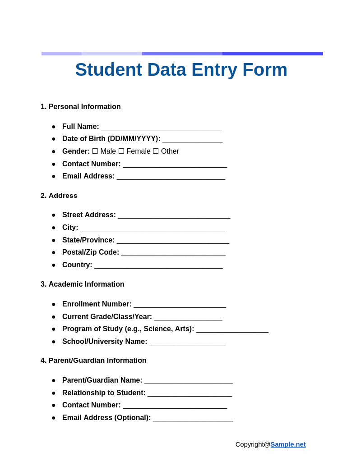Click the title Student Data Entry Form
181,70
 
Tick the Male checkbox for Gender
95,151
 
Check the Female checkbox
121,151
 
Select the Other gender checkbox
156,151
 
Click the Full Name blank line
161,127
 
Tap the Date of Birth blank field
192,139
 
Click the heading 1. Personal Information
81,107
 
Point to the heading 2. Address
59,196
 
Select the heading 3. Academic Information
83,284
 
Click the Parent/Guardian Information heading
93,361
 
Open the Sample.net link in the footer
288,444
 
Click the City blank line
152,228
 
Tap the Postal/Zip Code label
91,252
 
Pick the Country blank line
158,265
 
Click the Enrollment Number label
97,304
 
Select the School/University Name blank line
187,342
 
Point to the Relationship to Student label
104,393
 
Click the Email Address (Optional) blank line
193,418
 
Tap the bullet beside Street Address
54,215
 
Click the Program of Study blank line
232,329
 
